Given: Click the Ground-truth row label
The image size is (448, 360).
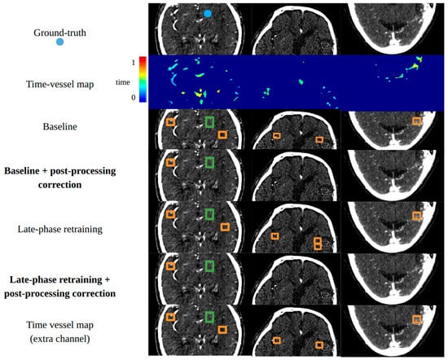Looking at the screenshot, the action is point(59,33).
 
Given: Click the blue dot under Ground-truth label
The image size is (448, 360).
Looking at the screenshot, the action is point(59,42).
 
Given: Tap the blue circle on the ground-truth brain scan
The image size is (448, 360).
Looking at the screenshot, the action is point(208,13).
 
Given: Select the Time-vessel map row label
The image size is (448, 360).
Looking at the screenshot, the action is point(59,84).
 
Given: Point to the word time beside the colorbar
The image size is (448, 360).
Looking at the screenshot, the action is point(123,82).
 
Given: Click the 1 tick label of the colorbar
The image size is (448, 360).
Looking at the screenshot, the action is point(134,62).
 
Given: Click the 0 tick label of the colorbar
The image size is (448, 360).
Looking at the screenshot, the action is point(134,98).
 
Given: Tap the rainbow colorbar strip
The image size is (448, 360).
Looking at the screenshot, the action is point(143,79).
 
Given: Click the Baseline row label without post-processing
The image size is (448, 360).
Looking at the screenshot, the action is point(59,126).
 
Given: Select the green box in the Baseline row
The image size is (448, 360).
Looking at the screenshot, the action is point(209,121).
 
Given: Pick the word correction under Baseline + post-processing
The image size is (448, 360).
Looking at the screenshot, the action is point(59,185).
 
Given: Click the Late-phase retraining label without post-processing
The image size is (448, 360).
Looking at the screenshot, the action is point(59,229).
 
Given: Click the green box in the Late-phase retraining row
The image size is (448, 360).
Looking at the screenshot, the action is point(209,214).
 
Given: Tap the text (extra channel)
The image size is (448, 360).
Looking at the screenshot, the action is point(59,339).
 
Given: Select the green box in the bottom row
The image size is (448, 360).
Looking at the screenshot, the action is point(209,317).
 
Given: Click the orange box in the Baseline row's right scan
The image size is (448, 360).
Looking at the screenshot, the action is point(417,121).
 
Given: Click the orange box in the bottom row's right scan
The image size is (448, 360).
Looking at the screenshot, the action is point(417,319).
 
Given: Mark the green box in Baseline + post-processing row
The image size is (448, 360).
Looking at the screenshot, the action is point(209,162).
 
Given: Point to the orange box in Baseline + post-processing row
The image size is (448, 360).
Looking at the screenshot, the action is point(170,163).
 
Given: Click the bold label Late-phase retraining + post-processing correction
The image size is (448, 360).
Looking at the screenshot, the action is point(59,287).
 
